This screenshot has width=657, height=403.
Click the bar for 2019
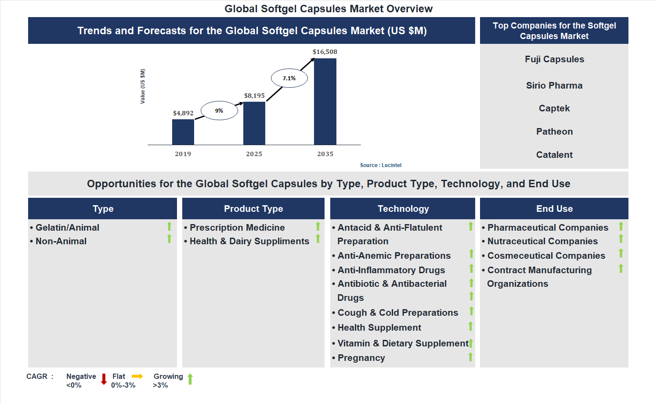tap(183, 132)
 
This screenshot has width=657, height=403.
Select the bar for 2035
tap(325, 101)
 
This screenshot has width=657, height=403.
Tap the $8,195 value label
tap(254, 96)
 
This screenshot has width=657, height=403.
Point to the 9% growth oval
tap(219, 111)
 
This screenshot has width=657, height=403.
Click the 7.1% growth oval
tap(289, 78)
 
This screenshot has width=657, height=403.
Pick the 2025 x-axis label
tap(254, 154)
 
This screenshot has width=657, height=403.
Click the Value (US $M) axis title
tap(143, 86)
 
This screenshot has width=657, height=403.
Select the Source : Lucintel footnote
tap(380, 165)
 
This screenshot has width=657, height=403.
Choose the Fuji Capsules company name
tap(554, 59)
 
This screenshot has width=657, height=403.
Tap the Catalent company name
tap(554, 155)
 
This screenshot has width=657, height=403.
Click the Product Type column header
tap(253, 209)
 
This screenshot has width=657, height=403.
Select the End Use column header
tap(554, 209)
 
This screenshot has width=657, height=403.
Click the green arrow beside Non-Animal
tap(169, 239)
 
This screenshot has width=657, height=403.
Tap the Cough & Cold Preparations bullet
tap(397, 313)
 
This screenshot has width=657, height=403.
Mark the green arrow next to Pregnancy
tap(470, 357)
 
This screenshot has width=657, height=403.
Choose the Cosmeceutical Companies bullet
tap(546, 256)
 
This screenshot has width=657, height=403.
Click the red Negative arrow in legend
tap(104, 379)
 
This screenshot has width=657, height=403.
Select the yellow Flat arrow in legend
tap(137, 376)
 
